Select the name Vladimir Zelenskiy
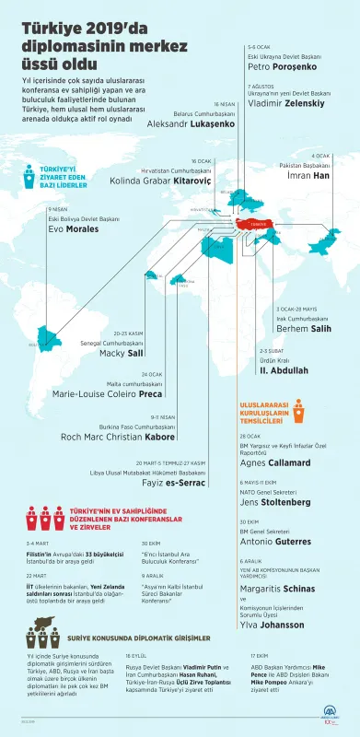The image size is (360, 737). pos(285,104)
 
